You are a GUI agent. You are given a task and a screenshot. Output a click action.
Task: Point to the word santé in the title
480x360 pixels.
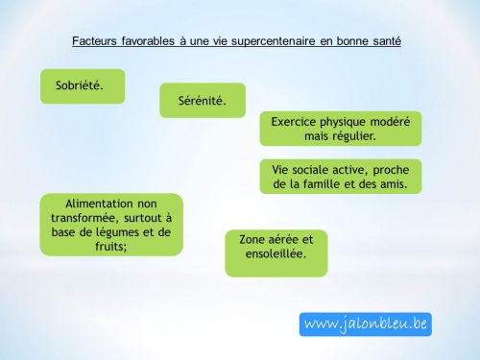click(383, 42)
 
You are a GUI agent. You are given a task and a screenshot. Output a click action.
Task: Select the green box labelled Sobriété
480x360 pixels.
click(83, 85)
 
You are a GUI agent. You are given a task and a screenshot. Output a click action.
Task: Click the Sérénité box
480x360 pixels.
click(203, 100)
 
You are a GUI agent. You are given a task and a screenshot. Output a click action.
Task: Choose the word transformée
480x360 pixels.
click(88, 218)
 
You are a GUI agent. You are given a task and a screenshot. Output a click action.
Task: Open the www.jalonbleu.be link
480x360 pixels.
click(365, 324)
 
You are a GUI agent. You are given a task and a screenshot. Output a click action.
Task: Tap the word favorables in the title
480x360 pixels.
click(152, 42)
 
